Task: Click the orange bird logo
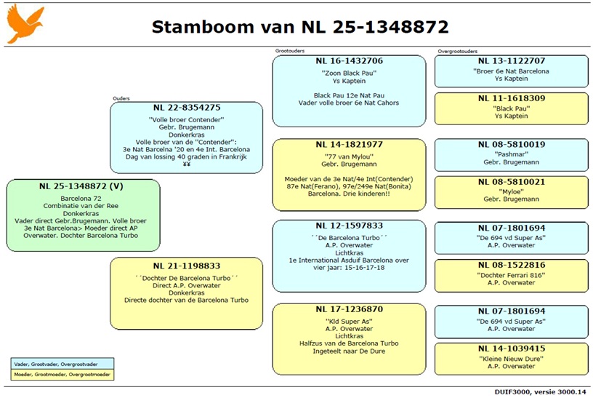[25, 24]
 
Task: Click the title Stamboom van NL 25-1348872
[299, 27]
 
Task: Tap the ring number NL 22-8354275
[186, 108]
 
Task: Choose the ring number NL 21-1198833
[186, 266]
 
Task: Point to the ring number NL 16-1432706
[349, 61]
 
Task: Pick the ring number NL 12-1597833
[349, 226]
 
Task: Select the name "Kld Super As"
[349, 321]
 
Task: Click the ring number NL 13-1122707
[512, 61]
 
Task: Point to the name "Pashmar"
[512, 155]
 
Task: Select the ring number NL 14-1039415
[512, 349]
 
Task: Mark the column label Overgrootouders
[458, 52]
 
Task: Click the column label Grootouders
[289, 51]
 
